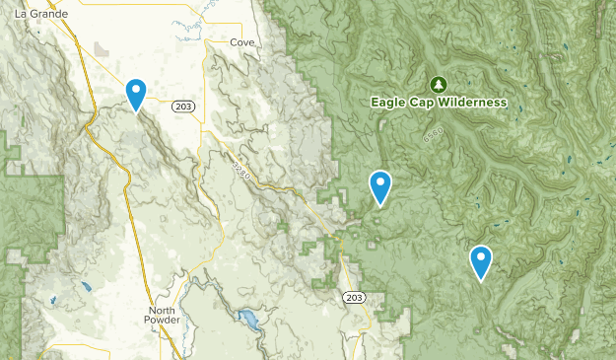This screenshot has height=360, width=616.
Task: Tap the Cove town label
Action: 241,43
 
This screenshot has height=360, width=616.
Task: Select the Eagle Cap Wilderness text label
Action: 439,103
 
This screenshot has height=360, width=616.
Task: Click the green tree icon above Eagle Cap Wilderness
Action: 439,84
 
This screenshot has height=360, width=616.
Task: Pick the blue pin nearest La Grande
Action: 136,94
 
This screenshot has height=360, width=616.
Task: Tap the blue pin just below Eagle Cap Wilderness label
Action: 379,185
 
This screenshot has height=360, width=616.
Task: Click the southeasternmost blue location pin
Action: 481,260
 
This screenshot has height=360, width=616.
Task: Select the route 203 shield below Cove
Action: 181,107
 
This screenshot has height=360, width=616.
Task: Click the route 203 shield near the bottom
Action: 355,298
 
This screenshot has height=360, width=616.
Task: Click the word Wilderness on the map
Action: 473,103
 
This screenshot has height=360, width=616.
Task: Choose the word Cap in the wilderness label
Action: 425,103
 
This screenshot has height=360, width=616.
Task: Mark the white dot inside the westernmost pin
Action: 136,91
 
